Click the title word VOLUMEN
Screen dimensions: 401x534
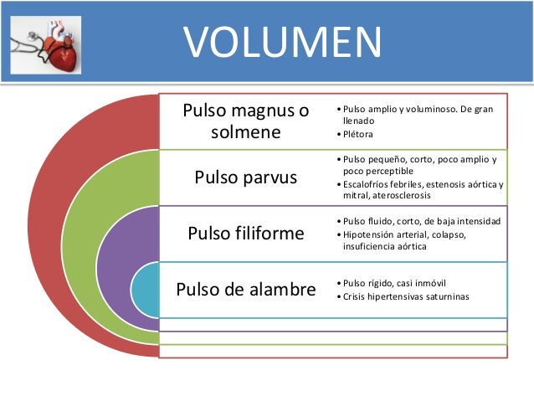point(282,42)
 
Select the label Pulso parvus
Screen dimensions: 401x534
point(245,177)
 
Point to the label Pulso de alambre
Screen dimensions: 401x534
point(246,289)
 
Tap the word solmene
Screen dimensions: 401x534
point(245,132)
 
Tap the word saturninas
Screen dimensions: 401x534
point(443,297)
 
